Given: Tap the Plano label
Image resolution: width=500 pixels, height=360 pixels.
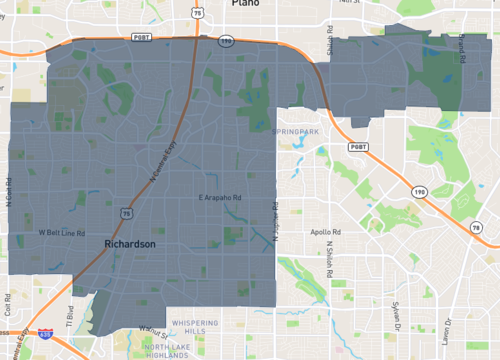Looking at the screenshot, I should click(244, 4).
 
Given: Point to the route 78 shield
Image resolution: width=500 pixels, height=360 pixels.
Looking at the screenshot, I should click(479, 229).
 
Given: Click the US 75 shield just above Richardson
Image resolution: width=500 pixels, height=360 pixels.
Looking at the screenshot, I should click(125, 213).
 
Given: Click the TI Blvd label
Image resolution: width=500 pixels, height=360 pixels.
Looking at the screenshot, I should click(70, 315).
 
